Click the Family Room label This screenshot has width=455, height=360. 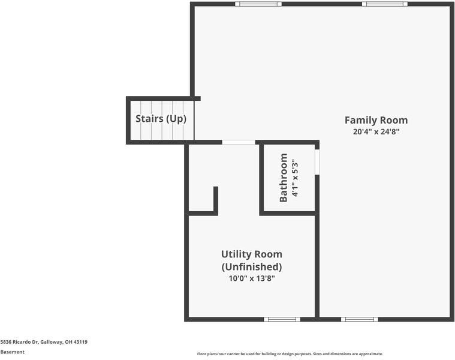[376, 120]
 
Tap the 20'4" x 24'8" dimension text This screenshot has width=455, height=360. [376, 131]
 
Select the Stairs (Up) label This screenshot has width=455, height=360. [161, 119]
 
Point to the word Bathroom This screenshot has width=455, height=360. [283, 178]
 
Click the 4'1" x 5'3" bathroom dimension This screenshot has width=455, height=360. [295, 178]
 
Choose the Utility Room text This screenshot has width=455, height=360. [252, 254]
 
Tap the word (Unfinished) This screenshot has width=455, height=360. [252, 266]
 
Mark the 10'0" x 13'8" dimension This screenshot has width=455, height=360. [252, 278]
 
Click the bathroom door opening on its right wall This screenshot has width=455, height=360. [317, 162]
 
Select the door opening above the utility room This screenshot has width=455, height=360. [239, 142]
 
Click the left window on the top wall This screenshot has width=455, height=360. [258, 4]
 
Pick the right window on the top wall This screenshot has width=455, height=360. [384, 4]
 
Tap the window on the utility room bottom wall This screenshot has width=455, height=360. [282, 319]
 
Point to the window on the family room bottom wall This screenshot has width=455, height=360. [360, 319]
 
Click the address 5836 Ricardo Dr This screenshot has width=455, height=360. [19, 342]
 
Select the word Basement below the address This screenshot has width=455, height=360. [13, 352]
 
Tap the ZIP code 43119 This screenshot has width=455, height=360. [81, 342]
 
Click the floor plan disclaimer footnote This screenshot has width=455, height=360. [290, 354]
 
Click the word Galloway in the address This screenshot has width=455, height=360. [52, 342]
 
